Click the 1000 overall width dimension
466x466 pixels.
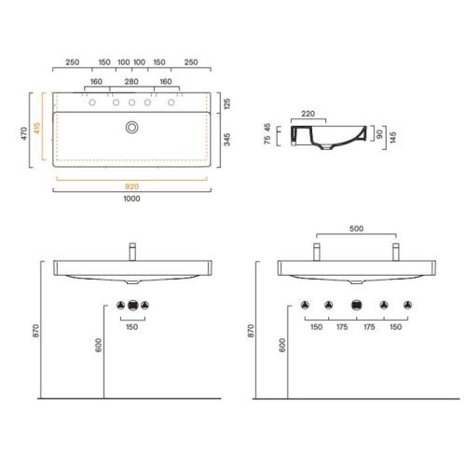tap(131, 199)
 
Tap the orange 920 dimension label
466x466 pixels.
tap(131, 186)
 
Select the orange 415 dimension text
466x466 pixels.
tap(37, 128)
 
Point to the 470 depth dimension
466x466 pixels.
tap(24, 133)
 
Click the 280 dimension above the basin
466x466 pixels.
tap(131, 82)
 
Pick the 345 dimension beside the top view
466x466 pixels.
tap(227, 140)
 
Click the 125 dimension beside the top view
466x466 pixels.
tap(227, 103)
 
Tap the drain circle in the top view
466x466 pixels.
tap(132, 128)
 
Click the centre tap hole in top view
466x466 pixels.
tap(131, 103)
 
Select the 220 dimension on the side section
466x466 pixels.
tap(308, 114)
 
